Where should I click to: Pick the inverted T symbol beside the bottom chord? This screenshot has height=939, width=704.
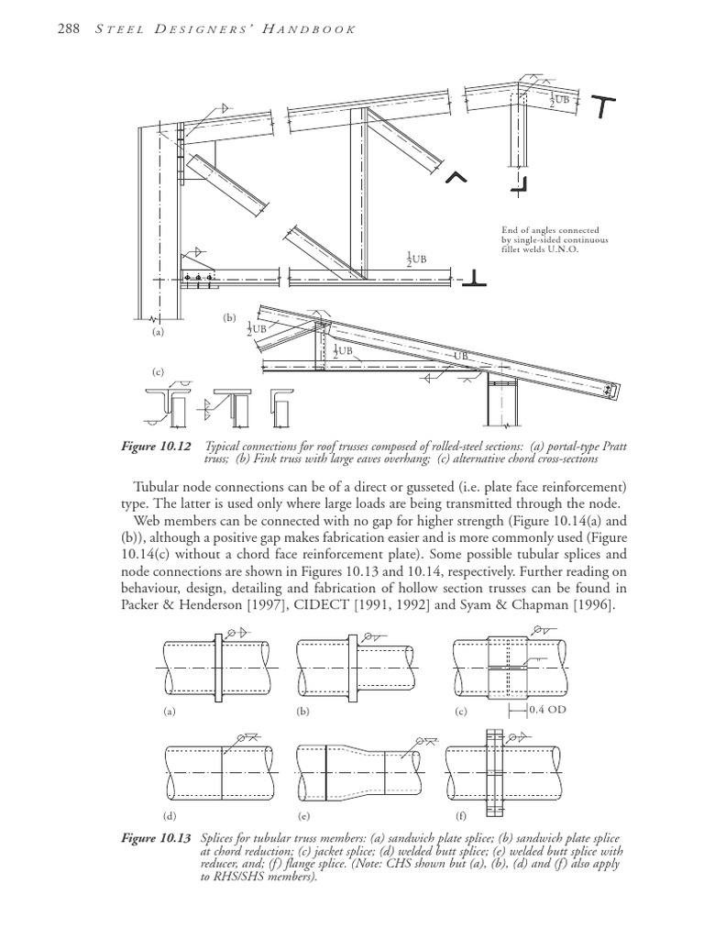point(478,276)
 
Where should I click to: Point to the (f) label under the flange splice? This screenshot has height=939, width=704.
point(460,814)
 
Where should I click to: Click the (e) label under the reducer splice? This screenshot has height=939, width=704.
point(302,814)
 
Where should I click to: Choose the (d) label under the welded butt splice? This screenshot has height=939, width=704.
point(168,814)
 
